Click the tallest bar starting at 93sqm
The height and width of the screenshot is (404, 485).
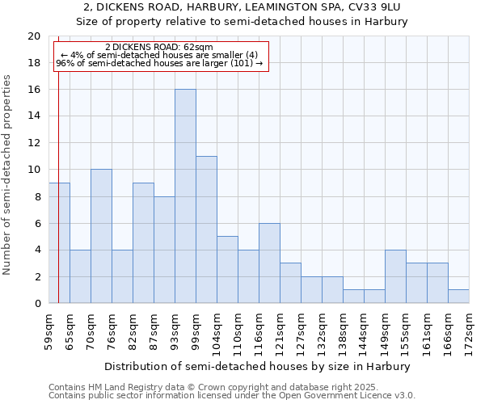pyautogui.click(x=185, y=196)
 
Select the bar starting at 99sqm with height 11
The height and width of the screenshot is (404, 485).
pyautogui.click(x=206, y=229)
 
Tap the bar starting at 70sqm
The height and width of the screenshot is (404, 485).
pyautogui.click(x=101, y=236)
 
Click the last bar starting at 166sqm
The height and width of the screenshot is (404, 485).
pyautogui.click(x=458, y=296)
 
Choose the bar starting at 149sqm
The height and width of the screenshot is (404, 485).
pyautogui.click(x=395, y=276)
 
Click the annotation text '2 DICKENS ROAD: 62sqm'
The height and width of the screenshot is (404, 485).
pyautogui.click(x=158, y=48)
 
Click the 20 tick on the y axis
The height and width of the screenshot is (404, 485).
pyautogui.click(x=33, y=36)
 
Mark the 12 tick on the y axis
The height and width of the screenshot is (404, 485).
pyautogui.click(x=33, y=143)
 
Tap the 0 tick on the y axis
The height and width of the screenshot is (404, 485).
pyautogui.click(x=36, y=303)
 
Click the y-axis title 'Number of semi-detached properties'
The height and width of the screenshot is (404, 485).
pyautogui.click(x=8, y=175)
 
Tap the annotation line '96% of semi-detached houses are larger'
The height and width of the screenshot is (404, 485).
pyautogui.click(x=158, y=64)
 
